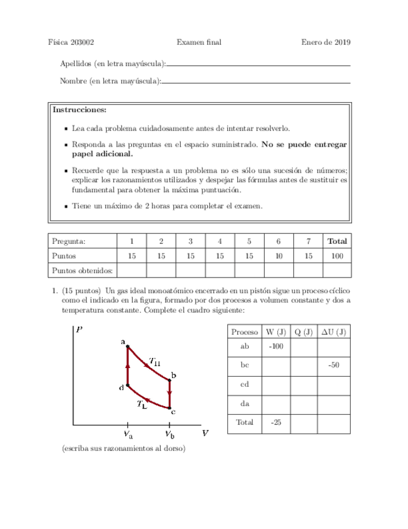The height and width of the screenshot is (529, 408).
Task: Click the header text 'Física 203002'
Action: [70, 42]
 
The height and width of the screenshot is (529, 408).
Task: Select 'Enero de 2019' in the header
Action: [325, 42]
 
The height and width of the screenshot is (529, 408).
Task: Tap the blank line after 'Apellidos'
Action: [259, 65]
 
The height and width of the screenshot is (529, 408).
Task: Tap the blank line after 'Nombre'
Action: [255, 82]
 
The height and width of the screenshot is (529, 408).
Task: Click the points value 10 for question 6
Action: [278, 256]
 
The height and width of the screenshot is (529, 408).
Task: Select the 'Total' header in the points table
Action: [337, 241]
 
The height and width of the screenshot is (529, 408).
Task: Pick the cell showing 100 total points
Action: [337, 256]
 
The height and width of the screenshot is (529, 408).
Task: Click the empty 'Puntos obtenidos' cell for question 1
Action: [131, 270]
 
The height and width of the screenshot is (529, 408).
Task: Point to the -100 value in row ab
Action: [275, 346]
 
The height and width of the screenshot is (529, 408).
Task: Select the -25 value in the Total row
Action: [275, 422]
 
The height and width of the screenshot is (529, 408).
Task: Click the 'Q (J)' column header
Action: [303, 331]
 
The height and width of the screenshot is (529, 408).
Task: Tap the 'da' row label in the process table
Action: [244, 404]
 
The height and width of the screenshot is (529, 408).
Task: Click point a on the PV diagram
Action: [127, 346]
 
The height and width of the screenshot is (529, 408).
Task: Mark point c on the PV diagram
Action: [170, 409]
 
